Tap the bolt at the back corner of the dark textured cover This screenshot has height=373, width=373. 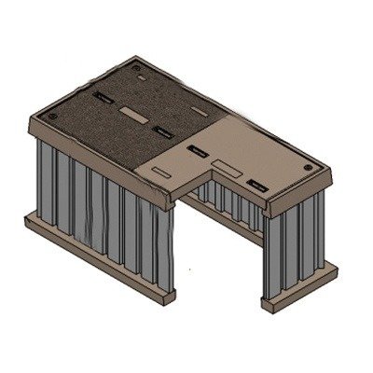[x=139, y=68]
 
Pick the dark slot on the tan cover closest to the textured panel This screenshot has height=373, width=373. [x=197, y=149]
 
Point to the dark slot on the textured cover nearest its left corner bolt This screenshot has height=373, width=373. [x=102, y=96]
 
